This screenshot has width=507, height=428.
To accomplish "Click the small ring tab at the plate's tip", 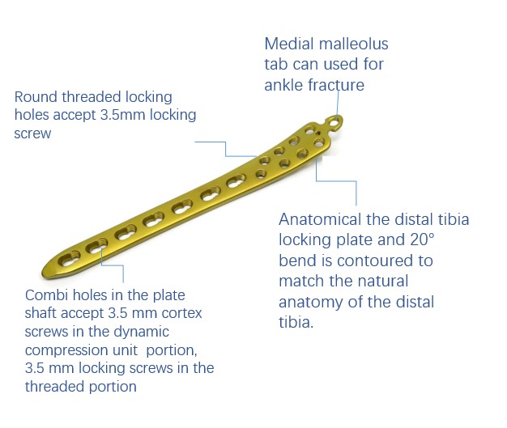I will pyautogui.click(x=333, y=122).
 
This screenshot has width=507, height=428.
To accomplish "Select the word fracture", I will pyautogui.click(x=337, y=84).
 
